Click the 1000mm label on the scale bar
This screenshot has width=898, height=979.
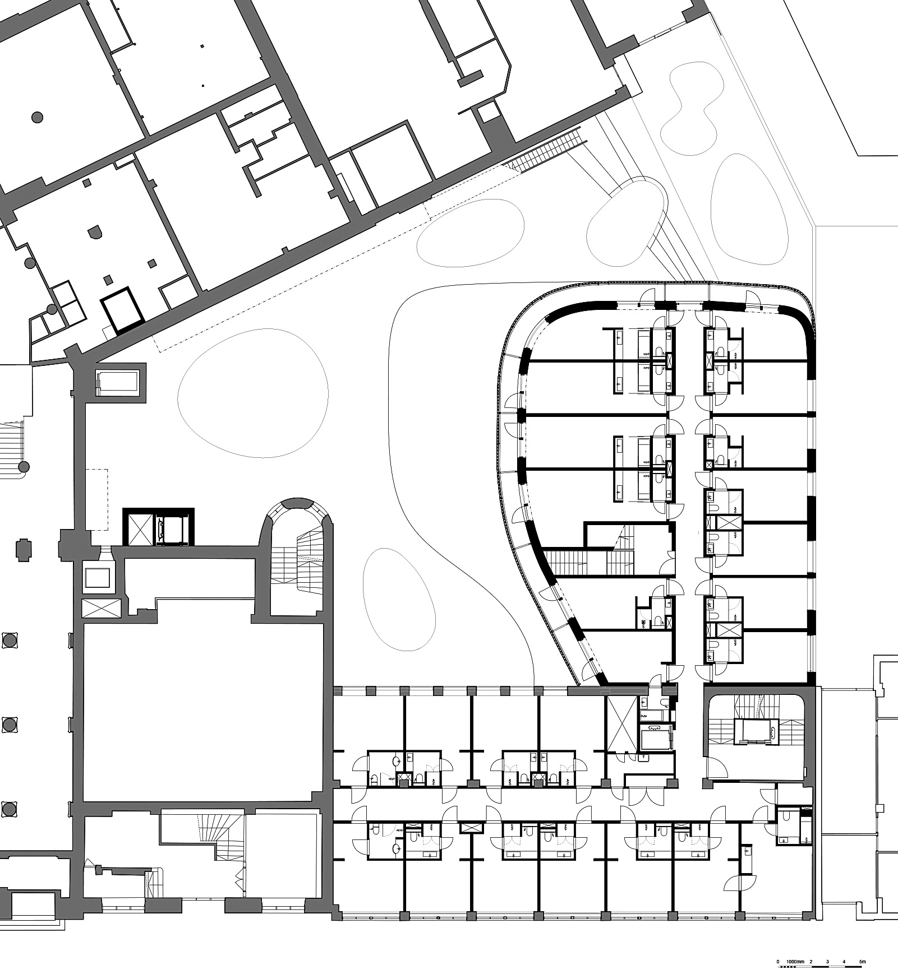[794, 962]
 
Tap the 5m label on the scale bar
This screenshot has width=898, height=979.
[863, 962]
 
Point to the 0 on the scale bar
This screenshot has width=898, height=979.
[778, 962]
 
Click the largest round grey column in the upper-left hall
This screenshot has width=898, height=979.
[37, 117]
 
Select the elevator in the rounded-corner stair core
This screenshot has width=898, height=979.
[754, 731]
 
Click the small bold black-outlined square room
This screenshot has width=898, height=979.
[123, 310]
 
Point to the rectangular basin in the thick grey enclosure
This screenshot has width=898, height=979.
[118, 382]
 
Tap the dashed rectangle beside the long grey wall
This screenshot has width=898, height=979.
[96, 500]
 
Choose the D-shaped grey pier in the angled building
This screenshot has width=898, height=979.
[95, 231]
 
